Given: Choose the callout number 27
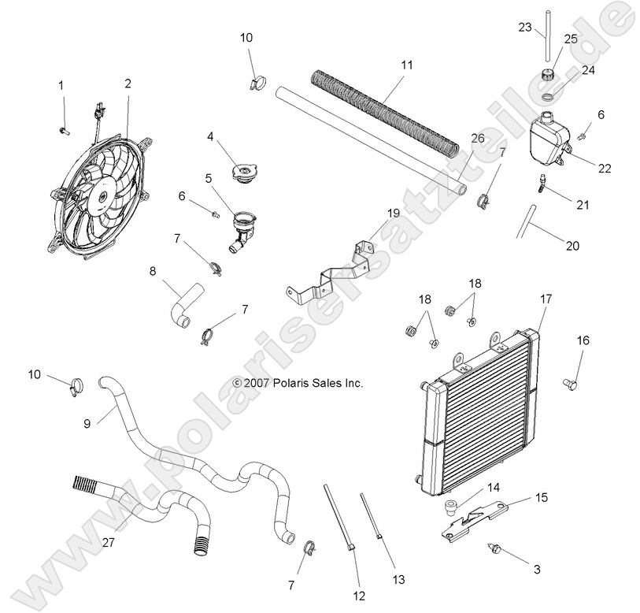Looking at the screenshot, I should click(x=109, y=542).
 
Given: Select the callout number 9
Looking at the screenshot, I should click(x=87, y=422).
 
